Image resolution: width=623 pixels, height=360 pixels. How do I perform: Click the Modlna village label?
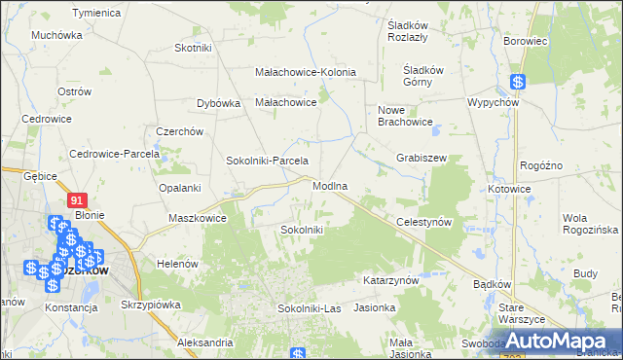(x=330, y=186)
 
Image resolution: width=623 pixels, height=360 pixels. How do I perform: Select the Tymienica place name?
(x=96, y=13)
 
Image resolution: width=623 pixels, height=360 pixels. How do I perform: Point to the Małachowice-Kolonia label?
(x=305, y=72)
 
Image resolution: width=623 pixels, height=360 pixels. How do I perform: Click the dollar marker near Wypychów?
(x=518, y=84)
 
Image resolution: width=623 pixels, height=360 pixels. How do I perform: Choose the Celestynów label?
(x=425, y=222)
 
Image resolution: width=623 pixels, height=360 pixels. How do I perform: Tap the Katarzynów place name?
(x=390, y=279)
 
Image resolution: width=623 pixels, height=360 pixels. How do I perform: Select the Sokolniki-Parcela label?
(x=267, y=161)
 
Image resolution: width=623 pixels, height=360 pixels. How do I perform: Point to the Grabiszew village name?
(x=421, y=157)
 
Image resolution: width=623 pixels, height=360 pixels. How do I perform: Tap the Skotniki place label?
(x=193, y=48)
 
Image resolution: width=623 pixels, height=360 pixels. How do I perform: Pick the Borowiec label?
(x=527, y=42)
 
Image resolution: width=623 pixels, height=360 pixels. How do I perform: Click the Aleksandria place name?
(x=205, y=342)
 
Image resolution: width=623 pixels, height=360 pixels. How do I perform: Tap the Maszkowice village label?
(x=198, y=218)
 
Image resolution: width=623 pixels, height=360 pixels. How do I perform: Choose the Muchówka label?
(x=56, y=35)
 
